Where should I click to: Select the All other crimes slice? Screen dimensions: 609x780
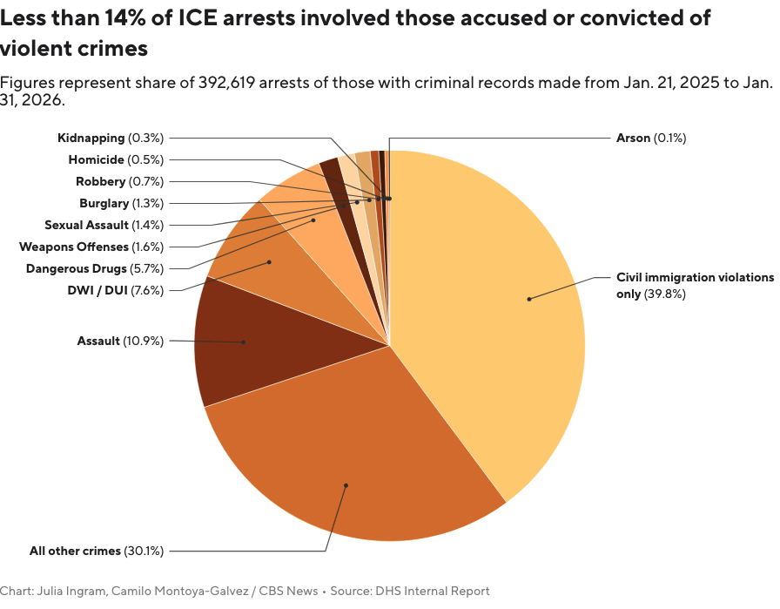pyautogui.click(x=348, y=470)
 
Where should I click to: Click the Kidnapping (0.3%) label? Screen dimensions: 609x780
pyautogui.click(x=111, y=138)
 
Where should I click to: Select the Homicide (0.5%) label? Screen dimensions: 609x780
pyautogui.click(x=116, y=159)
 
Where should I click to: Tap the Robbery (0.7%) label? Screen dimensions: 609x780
pyautogui.click(x=119, y=181)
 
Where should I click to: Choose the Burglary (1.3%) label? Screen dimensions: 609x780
pyautogui.click(x=121, y=203)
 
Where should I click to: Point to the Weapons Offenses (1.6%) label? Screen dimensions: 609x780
pyautogui.click(x=91, y=247)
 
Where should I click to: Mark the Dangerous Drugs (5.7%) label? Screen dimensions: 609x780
pyautogui.click(x=94, y=268)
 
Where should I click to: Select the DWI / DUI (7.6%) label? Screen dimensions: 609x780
pyautogui.click(x=115, y=290)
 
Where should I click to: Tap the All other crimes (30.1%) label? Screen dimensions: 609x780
pyautogui.click(x=97, y=551)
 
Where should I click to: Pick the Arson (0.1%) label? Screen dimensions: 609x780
pyautogui.click(x=651, y=138)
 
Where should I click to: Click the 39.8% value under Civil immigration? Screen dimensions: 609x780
pyautogui.click(x=665, y=294)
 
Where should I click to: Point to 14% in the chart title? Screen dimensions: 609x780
pyautogui.click(x=145, y=18)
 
